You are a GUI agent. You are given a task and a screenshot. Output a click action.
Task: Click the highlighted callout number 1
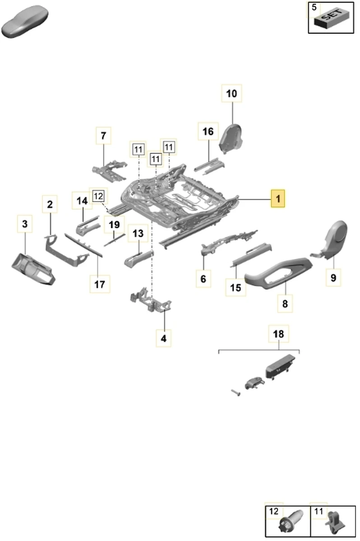278,198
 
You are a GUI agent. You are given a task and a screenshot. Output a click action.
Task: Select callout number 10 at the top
231,94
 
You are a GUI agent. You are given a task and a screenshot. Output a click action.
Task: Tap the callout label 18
279,334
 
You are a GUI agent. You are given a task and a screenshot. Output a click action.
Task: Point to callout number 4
164,338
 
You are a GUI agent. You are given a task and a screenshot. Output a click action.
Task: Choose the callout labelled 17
100,284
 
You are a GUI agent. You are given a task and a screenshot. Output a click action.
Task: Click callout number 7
103,135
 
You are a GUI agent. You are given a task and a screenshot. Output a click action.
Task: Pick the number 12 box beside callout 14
98,196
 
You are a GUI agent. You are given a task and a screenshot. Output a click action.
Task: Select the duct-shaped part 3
34,269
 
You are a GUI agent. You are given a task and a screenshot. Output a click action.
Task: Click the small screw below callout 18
236,393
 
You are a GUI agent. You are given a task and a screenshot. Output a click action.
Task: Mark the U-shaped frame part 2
65,250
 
